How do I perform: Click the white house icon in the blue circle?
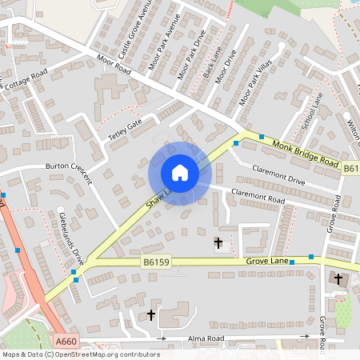click(179, 173)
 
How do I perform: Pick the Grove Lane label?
click(266, 260)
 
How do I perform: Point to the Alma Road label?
click(206, 338)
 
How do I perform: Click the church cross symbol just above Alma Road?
click(151, 316)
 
